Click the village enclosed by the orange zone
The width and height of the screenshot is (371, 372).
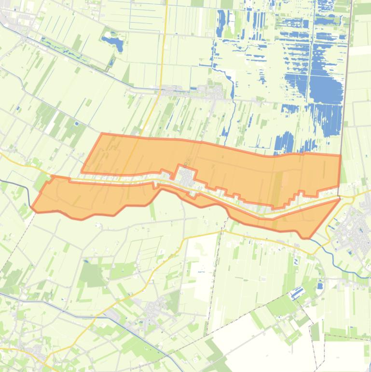[187, 176]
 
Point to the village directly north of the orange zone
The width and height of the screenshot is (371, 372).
[193, 91]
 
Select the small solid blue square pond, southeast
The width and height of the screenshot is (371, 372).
[320, 286]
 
